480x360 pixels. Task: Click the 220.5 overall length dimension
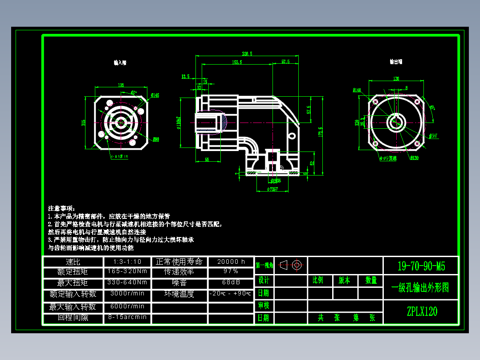(247, 53)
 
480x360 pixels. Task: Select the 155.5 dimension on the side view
(237, 62)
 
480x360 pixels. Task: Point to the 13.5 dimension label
(185, 77)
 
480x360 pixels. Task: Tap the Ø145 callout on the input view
(155, 95)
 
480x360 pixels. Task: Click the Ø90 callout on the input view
(156, 139)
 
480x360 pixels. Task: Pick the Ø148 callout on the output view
(357, 90)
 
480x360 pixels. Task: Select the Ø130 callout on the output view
(414, 158)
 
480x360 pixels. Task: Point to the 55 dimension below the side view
(207, 159)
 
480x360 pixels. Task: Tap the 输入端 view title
(120, 63)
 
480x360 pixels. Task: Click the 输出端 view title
(396, 62)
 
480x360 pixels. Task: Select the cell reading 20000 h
(231, 262)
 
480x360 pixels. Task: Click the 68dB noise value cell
(231, 282)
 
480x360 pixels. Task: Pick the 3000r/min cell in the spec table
(127, 294)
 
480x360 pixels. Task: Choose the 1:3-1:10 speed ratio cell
(127, 262)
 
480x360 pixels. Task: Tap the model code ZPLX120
(422, 311)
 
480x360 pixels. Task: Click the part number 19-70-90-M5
(421, 266)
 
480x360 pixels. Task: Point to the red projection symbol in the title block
(291, 265)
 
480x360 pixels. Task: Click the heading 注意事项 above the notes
(62, 208)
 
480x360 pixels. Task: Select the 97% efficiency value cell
(231, 271)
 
